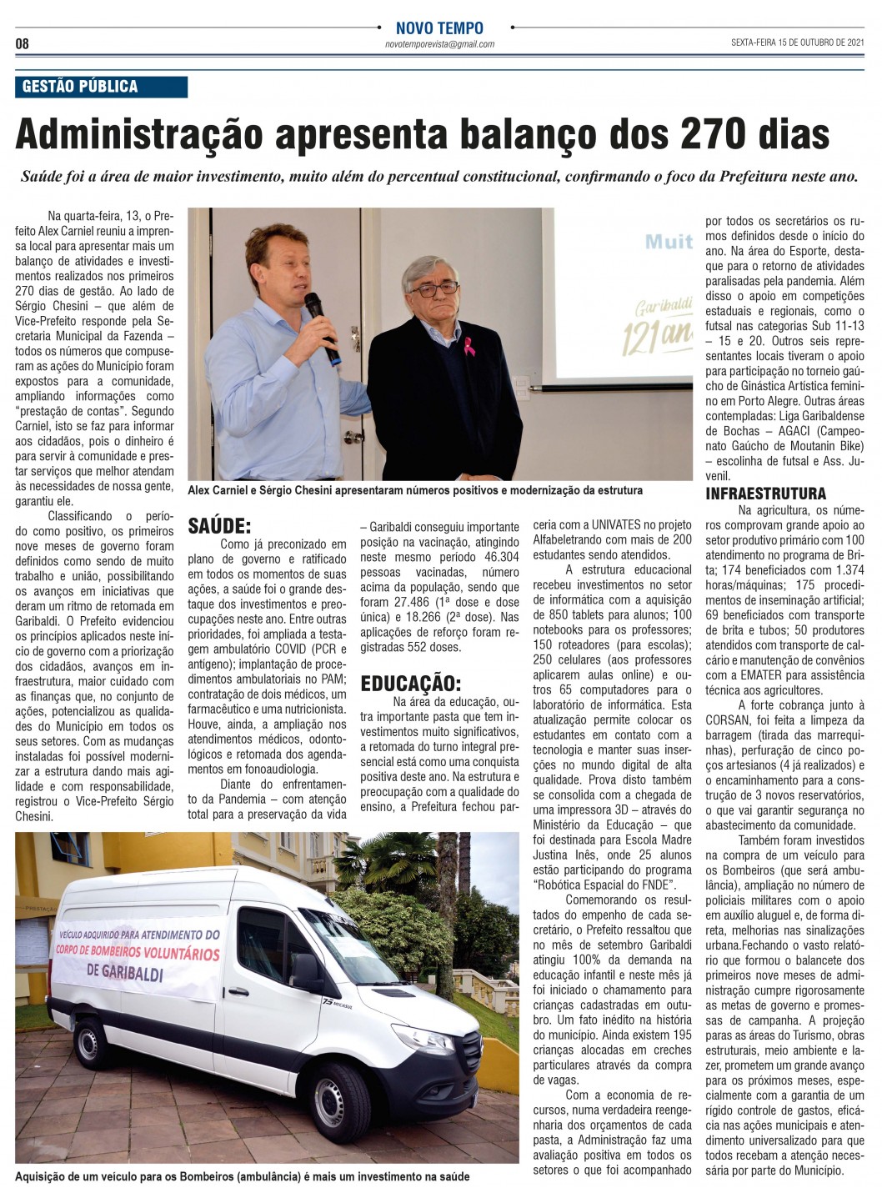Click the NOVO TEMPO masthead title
point(439,28)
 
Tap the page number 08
point(23,43)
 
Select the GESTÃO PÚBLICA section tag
point(80,87)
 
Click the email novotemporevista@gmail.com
point(439,44)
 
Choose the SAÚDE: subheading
point(219,526)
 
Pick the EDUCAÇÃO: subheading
point(410,684)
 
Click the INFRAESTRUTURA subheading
point(765,494)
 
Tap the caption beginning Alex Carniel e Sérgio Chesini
point(415,490)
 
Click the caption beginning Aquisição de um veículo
point(242,1176)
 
